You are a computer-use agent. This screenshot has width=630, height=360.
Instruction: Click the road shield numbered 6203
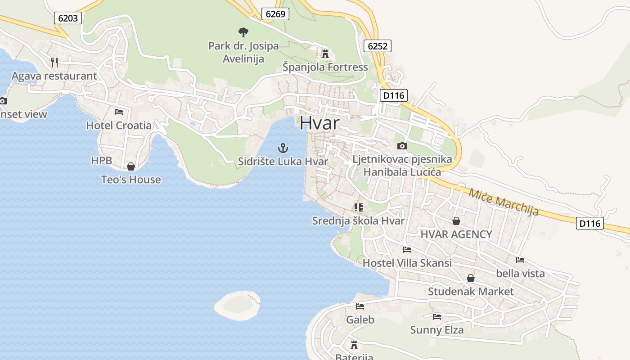click(x=68, y=18)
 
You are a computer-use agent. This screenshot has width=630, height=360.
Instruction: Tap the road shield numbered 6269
click(x=275, y=14)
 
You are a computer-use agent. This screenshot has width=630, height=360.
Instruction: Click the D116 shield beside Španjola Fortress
click(x=394, y=95)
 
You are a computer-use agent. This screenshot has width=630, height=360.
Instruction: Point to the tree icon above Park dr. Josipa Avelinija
click(x=243, y=32)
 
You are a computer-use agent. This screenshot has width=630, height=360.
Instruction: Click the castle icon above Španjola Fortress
click(x=325, y=54)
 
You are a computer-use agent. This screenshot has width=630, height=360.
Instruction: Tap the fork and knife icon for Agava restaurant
click(x=54, y=62)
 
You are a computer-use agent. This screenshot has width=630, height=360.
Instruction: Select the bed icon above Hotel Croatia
click(x=119, y=112)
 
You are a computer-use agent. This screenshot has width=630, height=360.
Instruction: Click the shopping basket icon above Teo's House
click(x=131, y=166)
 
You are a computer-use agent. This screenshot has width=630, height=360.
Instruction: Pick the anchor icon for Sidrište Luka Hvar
click(x=283, y=148)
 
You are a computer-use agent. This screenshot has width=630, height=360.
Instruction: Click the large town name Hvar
click(x=319, y=123)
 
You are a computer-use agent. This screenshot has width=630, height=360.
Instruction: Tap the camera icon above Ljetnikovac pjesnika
click(x=402, y=146)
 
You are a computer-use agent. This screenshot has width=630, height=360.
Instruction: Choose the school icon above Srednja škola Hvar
click(x=358, y=207)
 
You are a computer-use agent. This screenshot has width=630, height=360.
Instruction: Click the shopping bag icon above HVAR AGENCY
click(x=456, y=221)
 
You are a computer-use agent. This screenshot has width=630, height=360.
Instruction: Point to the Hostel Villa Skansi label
click(x=407, y=263)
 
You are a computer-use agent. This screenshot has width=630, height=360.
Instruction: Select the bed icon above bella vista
click(x=520, y=260)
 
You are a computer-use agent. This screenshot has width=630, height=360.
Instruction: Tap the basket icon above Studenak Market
click(x=471, y=278)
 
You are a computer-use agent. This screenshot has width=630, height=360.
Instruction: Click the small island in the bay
click(x=237, y=305)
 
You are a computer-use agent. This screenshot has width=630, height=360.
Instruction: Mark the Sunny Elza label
click(x=436, y=330)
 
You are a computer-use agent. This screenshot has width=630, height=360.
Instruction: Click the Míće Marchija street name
click(x=503, y=202)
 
